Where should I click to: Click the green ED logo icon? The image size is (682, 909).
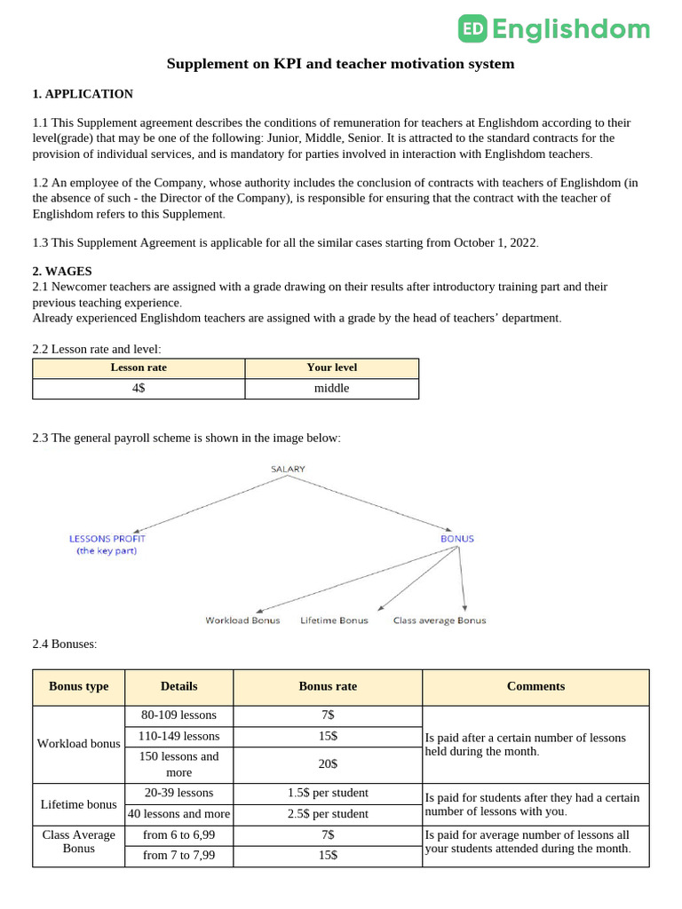click(472, 29)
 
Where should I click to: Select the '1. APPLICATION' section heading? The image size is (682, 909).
click(83, 94)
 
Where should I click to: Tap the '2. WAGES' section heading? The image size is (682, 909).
click(62, 271)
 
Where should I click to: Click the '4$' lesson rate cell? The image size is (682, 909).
click(139, 388)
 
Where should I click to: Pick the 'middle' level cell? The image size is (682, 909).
click(331, 388)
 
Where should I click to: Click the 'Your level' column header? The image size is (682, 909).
click(331, 368)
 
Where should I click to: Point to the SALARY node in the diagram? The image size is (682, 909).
click(288, 469)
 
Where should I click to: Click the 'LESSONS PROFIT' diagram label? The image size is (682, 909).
click(107, 539)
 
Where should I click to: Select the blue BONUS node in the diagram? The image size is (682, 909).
click(457, 539)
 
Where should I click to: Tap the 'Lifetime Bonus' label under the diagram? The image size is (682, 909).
click(334, 620)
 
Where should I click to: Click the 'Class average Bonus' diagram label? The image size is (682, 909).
click(440, 620)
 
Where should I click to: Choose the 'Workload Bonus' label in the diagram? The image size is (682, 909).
click(242, 620)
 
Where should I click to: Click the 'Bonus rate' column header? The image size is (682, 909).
click(328, 686)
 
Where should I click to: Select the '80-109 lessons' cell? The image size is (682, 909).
click(179, 715)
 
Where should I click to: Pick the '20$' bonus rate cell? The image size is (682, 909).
click(328, 763)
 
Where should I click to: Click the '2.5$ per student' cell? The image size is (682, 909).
click(328, 814)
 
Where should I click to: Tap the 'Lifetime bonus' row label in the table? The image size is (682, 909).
click(79, 804)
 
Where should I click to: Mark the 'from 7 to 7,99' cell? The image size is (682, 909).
click(179, 856)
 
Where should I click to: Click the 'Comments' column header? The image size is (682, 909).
click(535, 686)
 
